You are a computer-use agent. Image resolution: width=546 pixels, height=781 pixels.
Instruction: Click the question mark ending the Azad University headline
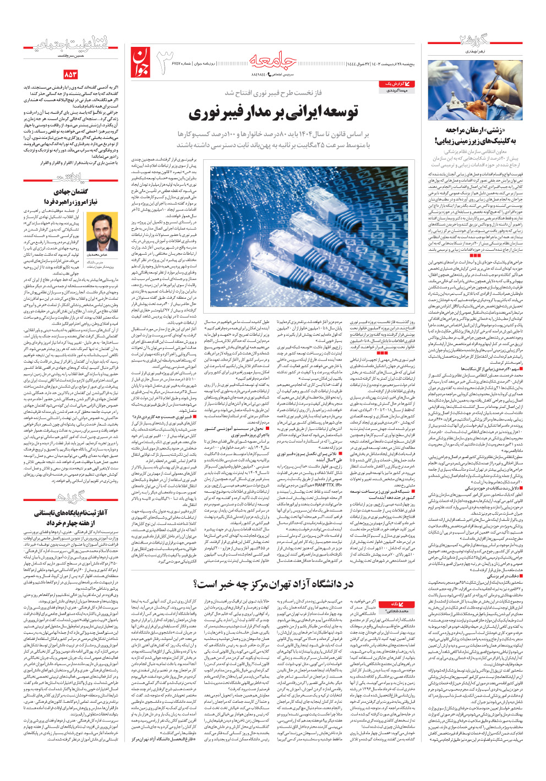point(199,584)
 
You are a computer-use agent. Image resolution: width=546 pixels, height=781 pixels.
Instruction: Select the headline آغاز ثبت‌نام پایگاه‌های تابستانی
point(66,513)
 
